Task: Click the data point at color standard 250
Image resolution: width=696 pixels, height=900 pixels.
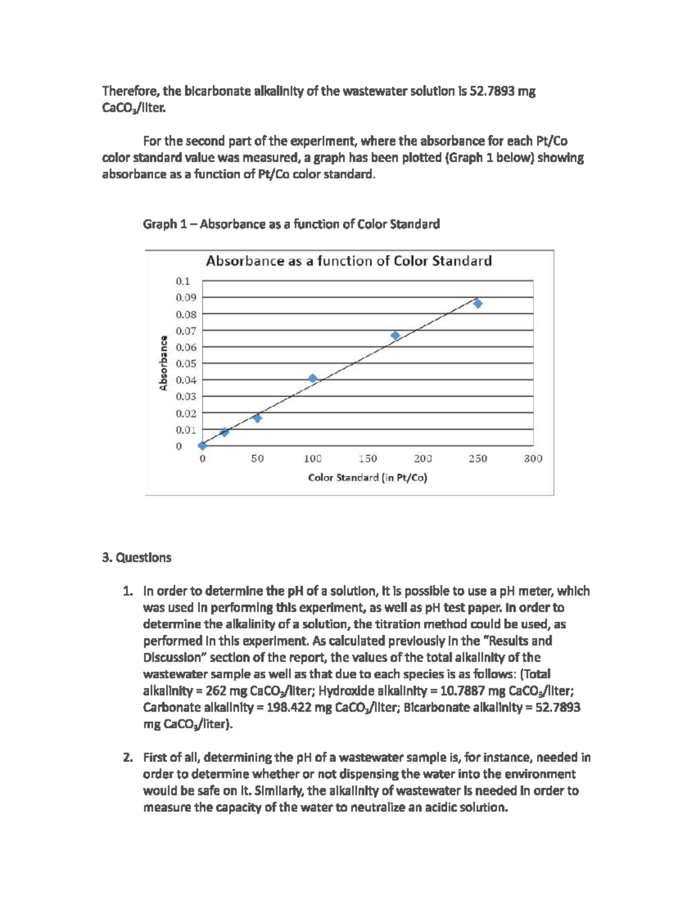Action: point(477,304)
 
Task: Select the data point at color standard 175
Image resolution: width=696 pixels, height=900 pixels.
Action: point(395,336)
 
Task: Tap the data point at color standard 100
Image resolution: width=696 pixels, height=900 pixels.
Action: point(313,378)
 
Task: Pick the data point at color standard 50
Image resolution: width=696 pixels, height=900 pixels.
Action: point(258,418)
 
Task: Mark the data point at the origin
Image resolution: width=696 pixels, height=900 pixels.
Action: point(202,445)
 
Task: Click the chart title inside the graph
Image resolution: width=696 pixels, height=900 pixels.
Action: point(349,261)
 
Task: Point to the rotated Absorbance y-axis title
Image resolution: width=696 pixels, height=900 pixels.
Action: point(164,363)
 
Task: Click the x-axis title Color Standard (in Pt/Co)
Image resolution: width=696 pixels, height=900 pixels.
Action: point(367,478)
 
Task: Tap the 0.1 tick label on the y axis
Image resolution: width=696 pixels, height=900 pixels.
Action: point(183,281)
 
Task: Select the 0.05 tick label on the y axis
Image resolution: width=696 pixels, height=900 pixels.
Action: point(186,364)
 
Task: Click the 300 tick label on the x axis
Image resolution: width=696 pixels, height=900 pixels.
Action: point(532,458)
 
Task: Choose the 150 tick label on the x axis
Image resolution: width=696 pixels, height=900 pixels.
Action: point(367,458)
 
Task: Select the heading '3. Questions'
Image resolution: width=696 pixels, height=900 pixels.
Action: point(136,558)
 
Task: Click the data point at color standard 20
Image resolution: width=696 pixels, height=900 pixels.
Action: point(224,432)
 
